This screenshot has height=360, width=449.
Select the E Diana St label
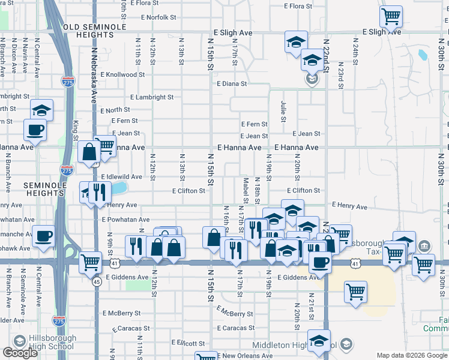pos(232,84)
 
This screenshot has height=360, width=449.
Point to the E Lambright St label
pos(152,97)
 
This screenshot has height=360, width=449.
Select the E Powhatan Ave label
pos(126,220)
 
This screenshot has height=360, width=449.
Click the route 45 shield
pos(96,281)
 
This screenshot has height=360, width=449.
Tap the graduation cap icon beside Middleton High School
pos(319,340)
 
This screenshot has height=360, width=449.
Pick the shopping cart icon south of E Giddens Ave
pos(355,292)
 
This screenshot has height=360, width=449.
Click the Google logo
pos(20,353)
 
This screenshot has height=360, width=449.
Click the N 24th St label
pos(355,55)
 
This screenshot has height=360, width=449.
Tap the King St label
pos(76,128)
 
